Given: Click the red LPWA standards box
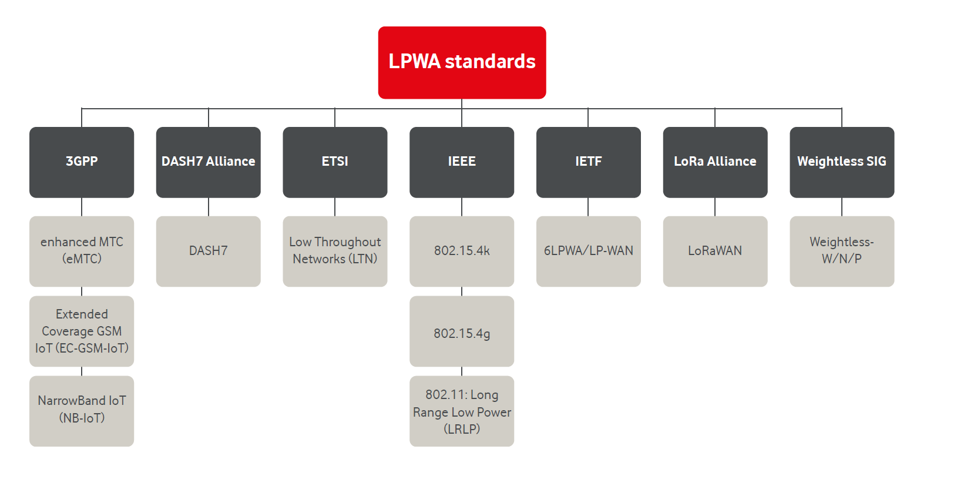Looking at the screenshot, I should (462, 62).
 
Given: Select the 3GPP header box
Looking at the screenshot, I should (82, 162).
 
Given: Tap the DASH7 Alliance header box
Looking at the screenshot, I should (208, 162).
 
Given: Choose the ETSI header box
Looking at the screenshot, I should (335, 162).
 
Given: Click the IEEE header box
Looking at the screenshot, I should (462, 162).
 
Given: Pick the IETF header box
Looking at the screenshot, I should (588, 162).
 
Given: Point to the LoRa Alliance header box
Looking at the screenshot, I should (715, 162).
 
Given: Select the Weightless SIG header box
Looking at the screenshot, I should (842, 162).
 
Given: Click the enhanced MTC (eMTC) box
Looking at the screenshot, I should (82, 251).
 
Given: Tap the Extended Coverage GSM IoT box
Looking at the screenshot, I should (82, 331).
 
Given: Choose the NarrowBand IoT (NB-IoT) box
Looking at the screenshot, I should (82, 411).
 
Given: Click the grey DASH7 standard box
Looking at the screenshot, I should (208, 251).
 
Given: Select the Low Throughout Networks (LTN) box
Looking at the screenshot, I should (335, 251).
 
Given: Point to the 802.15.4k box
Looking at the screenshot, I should (462, 251).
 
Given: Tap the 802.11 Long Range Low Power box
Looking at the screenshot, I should (462, 411).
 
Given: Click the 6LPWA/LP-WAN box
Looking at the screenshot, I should (588, 251).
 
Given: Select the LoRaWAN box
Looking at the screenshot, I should (715, 251).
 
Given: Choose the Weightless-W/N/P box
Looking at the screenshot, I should (842, 251).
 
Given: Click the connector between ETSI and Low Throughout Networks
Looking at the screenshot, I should (335, 207).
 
